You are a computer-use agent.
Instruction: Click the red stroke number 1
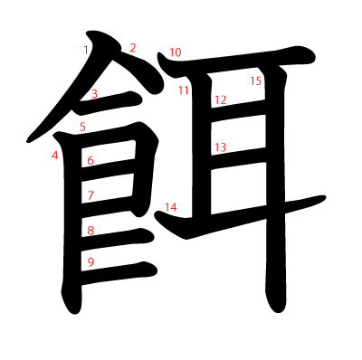85,49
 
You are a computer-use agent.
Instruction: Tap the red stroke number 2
132,48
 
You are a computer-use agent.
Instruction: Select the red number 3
94,93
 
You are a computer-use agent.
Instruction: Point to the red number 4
55,156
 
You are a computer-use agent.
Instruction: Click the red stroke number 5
82,127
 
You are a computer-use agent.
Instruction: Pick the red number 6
90,161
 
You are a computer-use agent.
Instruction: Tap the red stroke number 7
90,195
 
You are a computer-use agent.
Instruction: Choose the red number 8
90,231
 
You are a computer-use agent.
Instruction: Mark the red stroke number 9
90,262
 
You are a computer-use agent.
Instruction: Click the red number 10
175,52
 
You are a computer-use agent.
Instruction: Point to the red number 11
184,90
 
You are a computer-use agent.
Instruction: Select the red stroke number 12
220,99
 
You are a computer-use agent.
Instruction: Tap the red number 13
220,147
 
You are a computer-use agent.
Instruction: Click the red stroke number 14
171,207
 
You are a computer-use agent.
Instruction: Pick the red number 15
256,81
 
